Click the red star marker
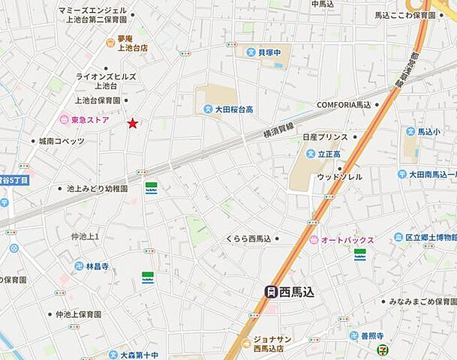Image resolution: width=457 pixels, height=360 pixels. (x=133, y=123)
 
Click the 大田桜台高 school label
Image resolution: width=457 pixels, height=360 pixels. (x=233, y=109)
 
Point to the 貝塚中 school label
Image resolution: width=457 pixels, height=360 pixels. (x=273, y=52)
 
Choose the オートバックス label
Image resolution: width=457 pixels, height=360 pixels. (x=347, y=239)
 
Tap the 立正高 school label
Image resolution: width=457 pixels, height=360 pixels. (x=329, y=154)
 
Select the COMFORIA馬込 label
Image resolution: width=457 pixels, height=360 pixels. (x=344, y=105)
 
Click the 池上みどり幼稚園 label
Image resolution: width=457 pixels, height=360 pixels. (x=98, y=189)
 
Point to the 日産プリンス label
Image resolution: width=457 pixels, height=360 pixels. (x=325, y=137)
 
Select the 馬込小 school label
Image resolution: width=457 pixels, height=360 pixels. (x=429, y=131)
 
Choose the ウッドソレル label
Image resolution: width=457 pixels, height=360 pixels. (x=338, y=177)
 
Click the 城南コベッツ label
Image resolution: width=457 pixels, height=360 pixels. (x=62, y=141)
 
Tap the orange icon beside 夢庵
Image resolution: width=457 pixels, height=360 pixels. (x=110, y=43)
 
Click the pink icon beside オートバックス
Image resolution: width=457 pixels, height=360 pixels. (x=313, y=239)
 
